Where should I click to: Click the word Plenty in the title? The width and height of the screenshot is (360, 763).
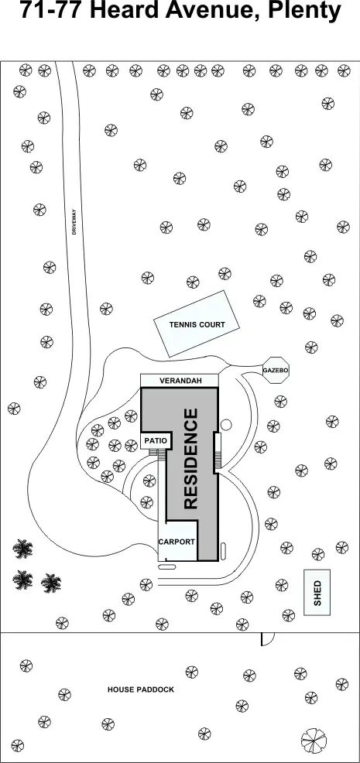[x=306, y=11]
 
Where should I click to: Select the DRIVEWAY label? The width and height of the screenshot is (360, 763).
[x=74, y=222]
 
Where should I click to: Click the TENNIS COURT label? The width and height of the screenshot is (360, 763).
[x=197, y=324]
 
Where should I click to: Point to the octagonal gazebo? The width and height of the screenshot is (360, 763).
[x=276, y=371]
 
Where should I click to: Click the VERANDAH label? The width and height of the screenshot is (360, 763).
[x=180, y=381]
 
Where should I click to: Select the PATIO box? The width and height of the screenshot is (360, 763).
[x=156, y=440]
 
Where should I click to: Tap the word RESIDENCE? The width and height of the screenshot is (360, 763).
[x=191, y=459]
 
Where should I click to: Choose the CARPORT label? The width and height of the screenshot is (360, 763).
[x=177, y=542]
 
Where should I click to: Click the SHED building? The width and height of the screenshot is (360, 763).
[x=317, y=592]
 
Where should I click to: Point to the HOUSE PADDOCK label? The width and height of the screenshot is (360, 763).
[x=141, y=689]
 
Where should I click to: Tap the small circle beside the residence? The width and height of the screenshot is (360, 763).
[x=226, y=425]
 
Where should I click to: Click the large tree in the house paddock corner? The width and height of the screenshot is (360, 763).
[x=314, y=741]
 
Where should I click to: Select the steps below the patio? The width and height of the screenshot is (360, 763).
[x=156, y=453]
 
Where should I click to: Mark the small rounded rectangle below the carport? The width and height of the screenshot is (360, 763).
[x=167, y=567]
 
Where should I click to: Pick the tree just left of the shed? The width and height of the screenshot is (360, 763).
[x=282, y=584]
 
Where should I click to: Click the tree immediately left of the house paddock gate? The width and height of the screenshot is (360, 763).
[x=242, y=624]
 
